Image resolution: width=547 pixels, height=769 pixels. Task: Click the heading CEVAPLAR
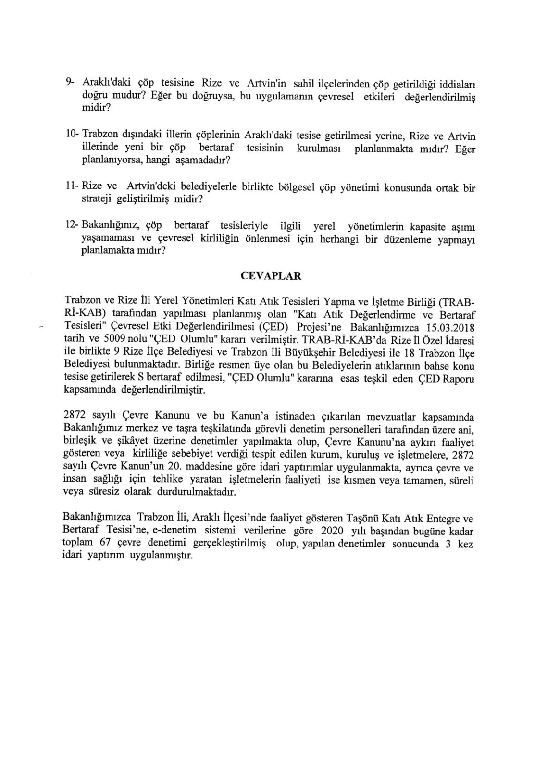coord(271,276)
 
